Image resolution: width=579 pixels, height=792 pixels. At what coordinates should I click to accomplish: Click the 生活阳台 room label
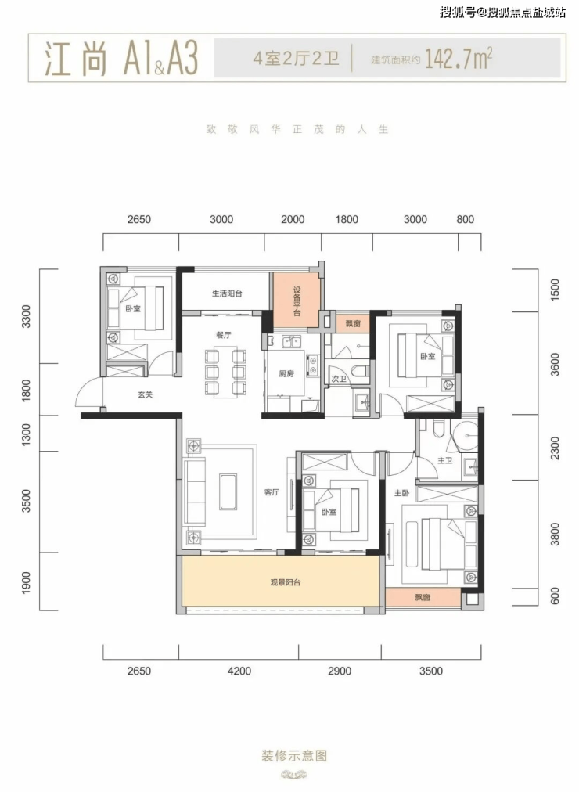[227, 293]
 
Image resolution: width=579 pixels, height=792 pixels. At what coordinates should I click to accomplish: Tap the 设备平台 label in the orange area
[297, 301]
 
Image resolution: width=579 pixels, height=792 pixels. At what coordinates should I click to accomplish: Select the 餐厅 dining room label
[223, 335]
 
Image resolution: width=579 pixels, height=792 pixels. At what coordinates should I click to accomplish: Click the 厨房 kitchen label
[286, 374]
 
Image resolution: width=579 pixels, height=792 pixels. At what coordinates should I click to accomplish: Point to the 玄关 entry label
[146, 394]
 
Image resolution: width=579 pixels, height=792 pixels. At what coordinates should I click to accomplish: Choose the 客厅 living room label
[272, 492]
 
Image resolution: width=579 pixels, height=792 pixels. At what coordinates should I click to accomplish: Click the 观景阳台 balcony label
[286, 582]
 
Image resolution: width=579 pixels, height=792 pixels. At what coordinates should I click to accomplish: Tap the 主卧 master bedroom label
[402, 493]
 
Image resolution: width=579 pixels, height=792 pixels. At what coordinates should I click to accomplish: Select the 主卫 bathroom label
[444, 461]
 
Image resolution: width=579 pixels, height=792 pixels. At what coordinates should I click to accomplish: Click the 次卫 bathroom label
[339, 379]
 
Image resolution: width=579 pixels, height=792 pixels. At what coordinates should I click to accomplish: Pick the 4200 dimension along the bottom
[239, 671]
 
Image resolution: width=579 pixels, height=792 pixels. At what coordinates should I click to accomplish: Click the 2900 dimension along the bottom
[340, 671]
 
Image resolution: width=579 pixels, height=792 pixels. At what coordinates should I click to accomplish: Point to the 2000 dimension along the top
[293, 219]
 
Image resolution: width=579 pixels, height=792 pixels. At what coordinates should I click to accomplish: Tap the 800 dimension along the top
[466, 219]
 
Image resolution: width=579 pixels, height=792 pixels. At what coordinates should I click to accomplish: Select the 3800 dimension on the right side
[555, 534]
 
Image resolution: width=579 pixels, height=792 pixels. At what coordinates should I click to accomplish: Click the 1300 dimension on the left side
[27, 434]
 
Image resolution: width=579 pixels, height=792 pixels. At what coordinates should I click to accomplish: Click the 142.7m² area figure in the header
[459, 59]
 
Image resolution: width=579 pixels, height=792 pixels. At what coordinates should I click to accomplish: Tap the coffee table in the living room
[228, 491]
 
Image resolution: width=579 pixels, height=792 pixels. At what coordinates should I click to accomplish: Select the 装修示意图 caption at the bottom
[294, 756]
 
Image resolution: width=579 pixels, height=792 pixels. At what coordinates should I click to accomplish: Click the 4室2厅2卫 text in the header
[296, 59]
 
